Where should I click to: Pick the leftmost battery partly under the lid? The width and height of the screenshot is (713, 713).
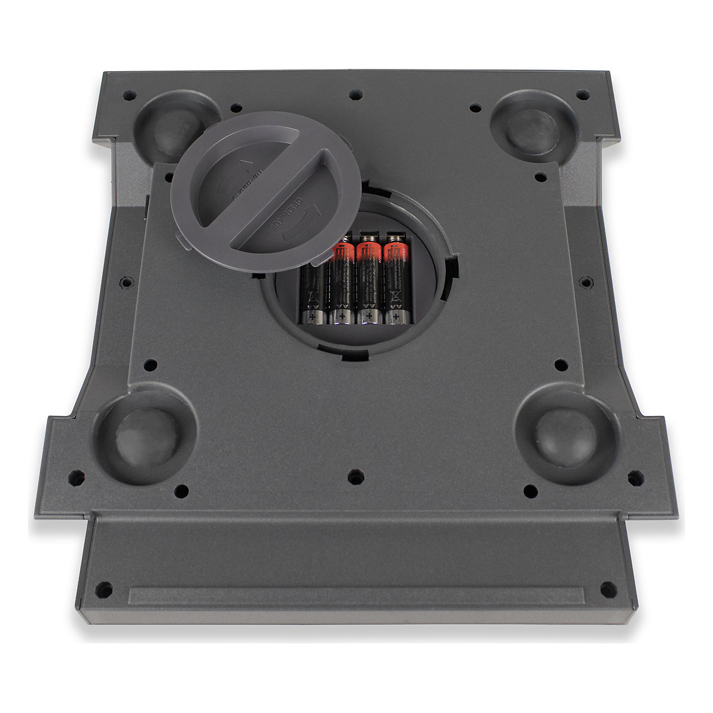(x=311, y=291)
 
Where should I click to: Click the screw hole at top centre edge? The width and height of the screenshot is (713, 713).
(x=355, y=94)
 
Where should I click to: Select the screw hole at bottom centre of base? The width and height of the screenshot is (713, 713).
(x=355, y=476)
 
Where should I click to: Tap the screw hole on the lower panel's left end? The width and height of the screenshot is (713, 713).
(x=104, y=590)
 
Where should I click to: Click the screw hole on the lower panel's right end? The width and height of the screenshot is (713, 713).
(x=607, y=590)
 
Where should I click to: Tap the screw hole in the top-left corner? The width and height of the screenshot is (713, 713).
(x=128, y=94)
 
